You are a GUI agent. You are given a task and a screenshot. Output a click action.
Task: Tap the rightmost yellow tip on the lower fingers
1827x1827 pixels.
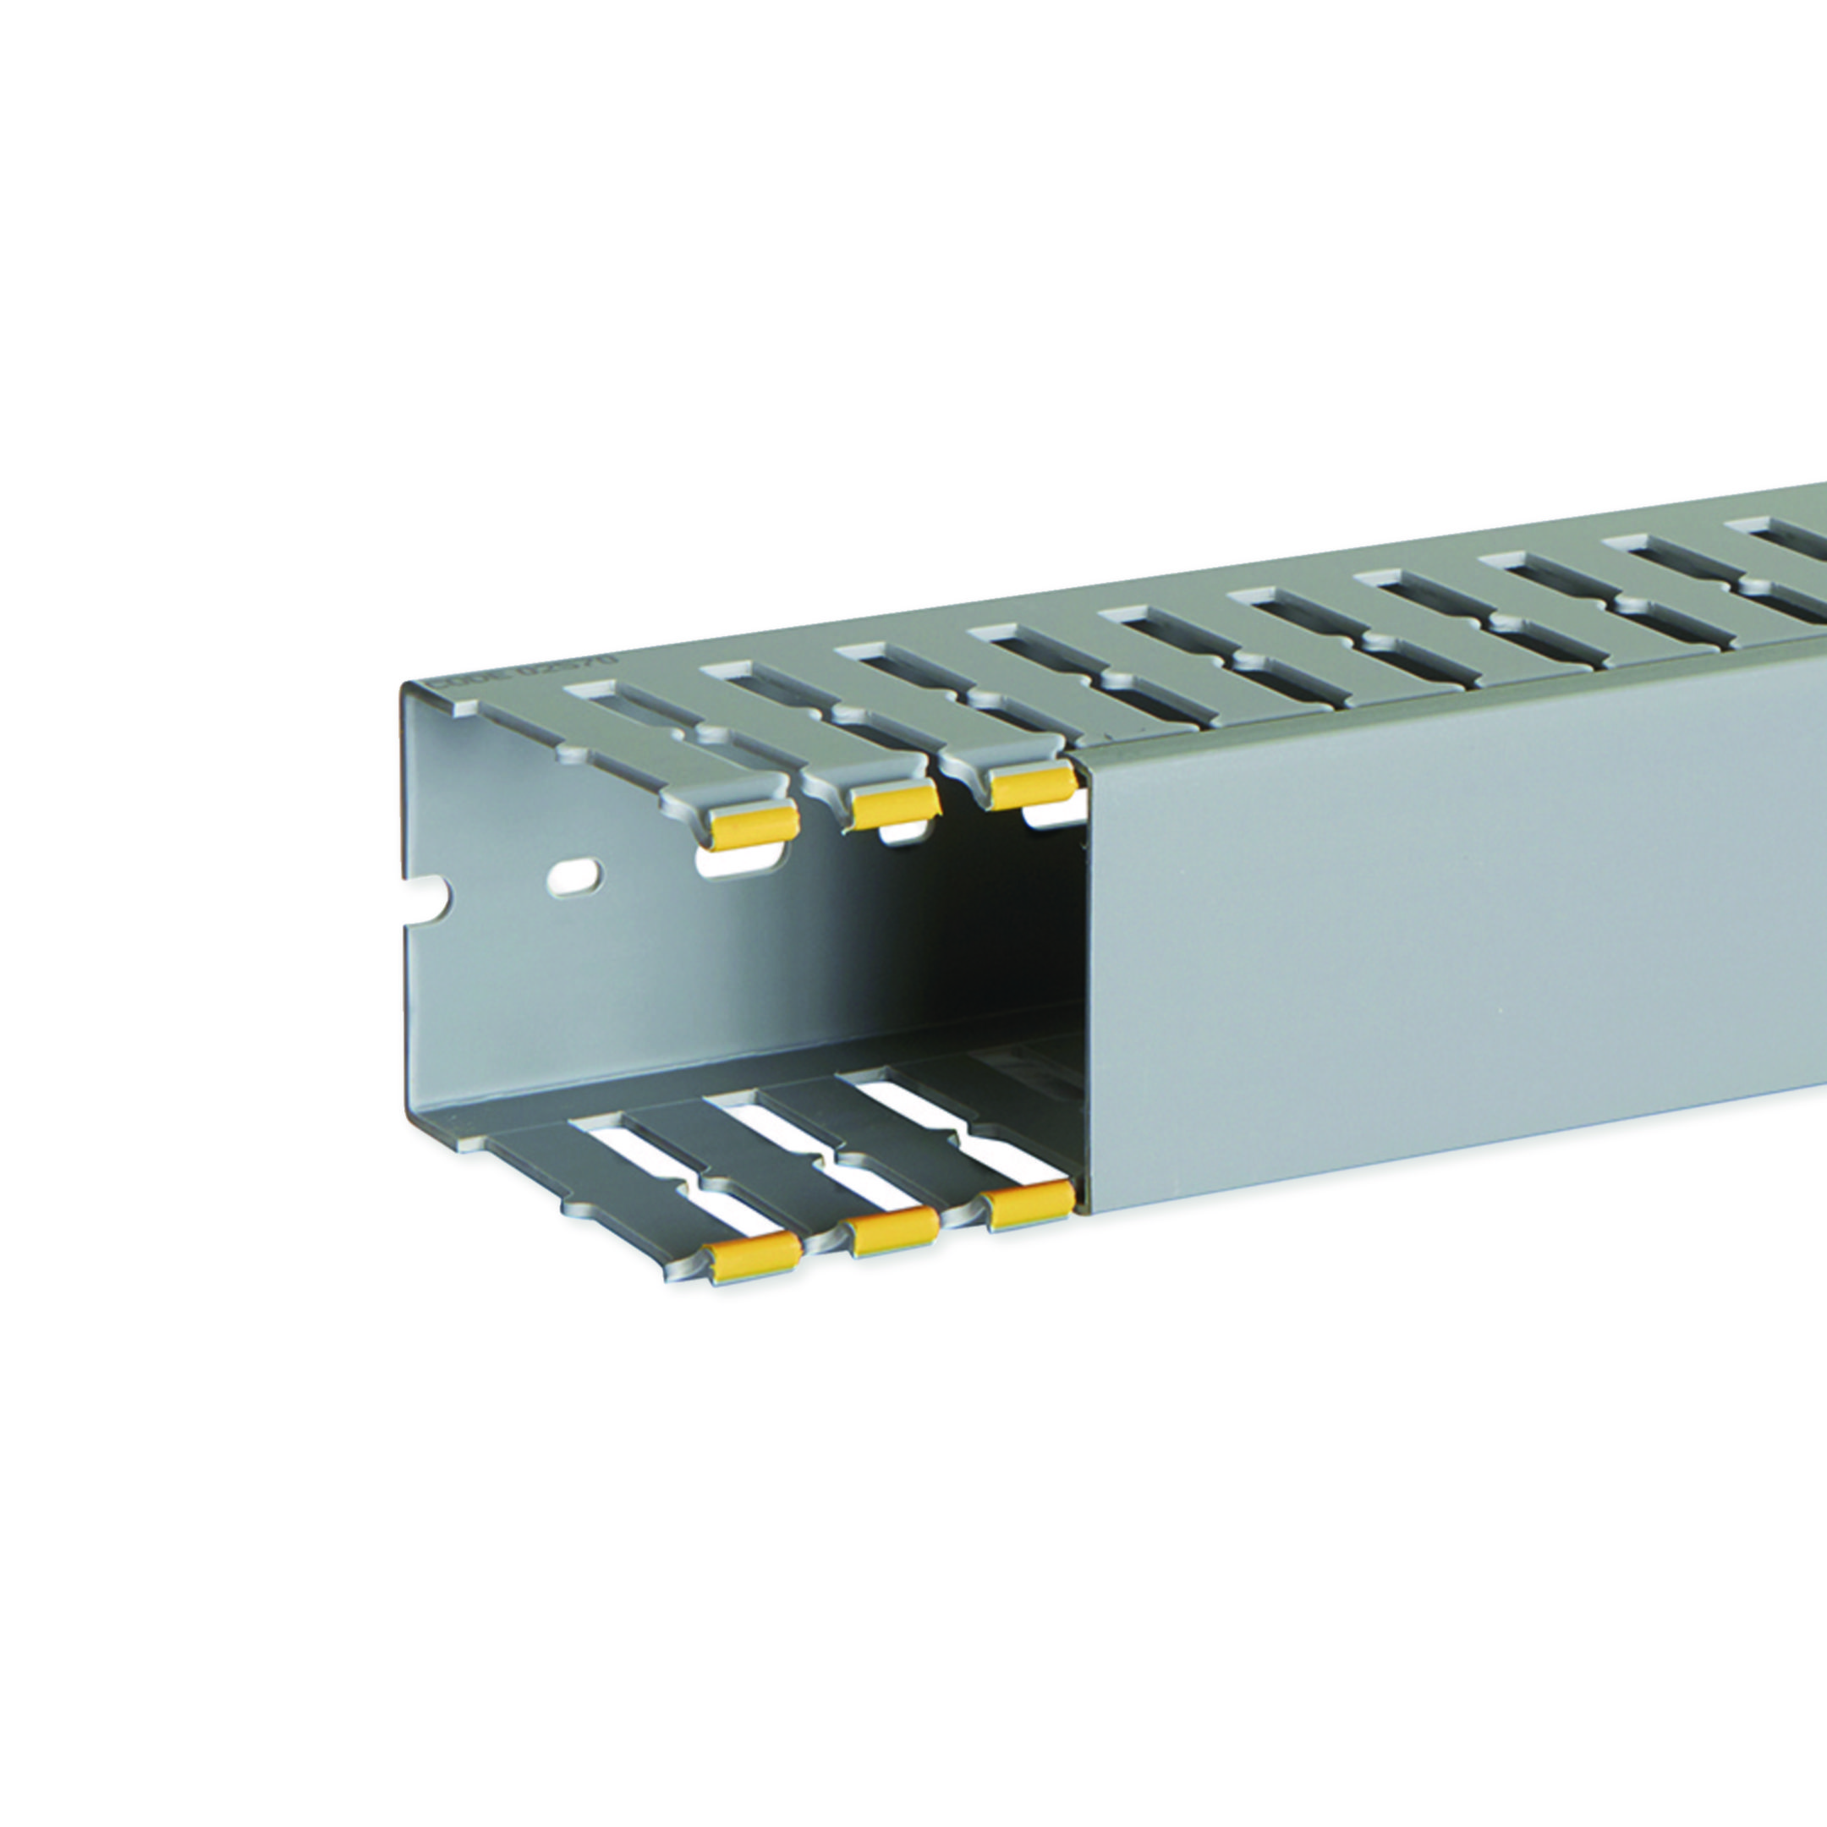coord(1027,1210)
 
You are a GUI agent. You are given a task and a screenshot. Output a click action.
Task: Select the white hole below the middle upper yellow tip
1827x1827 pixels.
coord(903,833)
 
